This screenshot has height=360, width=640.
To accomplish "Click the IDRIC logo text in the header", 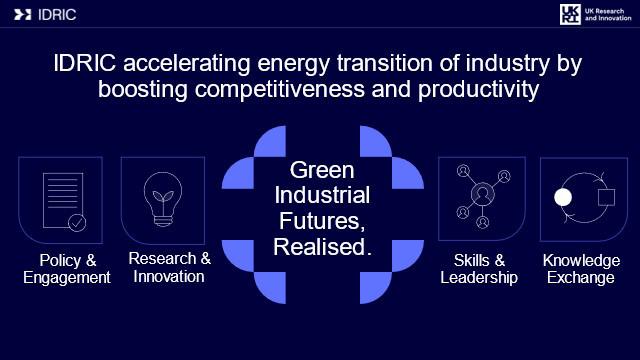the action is [x=57, y=15].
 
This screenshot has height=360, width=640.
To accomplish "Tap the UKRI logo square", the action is [x=570, y=15].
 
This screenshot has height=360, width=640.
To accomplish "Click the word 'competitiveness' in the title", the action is [x=280, y=89].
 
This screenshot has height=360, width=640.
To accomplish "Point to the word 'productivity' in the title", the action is [x=478, y=89].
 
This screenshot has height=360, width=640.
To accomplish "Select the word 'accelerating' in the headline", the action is [x=187, y=64].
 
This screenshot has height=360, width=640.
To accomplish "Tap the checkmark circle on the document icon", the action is [x=77, y=223].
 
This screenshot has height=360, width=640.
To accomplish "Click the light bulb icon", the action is [x=163, y=199].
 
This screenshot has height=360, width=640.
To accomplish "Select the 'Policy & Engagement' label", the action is [x=67, y=269].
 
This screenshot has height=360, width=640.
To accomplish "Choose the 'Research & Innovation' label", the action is [x=169, y=267].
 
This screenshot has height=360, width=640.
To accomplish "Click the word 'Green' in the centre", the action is [x=322, y=170].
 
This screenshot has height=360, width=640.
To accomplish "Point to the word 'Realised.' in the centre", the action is [x=322, y=247].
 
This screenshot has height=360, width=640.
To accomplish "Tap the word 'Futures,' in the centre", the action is [x=322, y=221].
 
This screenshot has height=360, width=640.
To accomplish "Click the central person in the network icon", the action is [x=482, y=193].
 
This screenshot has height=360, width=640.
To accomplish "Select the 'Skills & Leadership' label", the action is [x=479, y=269].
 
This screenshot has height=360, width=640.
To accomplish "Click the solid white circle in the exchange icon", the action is [x=563, y=197].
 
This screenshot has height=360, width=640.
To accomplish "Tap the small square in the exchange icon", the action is [x=607, y=197].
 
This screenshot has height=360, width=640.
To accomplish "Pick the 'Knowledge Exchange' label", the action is [x=581, y=269].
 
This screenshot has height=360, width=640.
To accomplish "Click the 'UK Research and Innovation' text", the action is [x=608, y=15].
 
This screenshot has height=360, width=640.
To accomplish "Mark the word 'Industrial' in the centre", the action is [x=322, y=195].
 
